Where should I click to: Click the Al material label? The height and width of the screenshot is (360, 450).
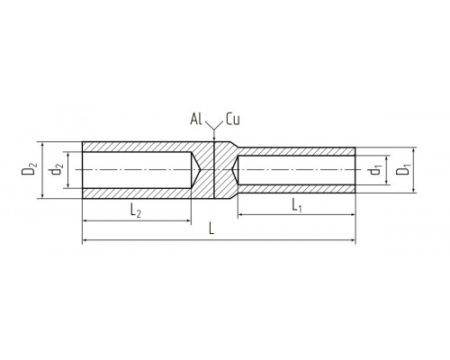point(196,119)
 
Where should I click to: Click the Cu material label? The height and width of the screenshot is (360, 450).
point(233,119)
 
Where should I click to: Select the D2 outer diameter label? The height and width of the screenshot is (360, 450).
point(29,169)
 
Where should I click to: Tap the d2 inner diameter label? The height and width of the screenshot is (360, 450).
point(56,170)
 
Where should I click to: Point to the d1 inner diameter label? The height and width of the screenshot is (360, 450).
point(375,170)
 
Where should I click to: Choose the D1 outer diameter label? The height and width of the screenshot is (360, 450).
point(402,170)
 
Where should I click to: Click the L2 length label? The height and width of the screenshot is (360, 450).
point(136,211)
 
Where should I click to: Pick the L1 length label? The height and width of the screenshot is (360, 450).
point(296,206)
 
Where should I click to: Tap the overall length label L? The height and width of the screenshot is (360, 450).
point(211,229)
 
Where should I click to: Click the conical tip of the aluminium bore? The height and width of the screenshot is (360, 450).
point(199,170)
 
